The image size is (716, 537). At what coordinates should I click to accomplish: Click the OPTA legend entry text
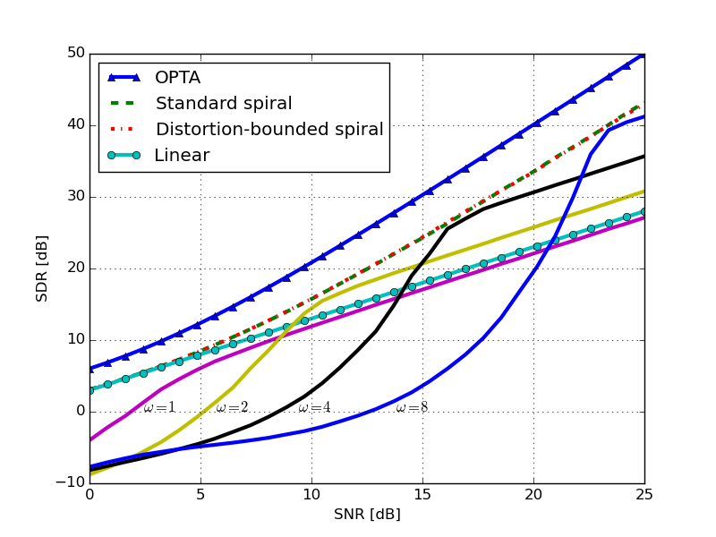177,78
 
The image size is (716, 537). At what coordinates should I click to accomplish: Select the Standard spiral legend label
223,103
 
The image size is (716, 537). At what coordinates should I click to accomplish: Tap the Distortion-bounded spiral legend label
268,129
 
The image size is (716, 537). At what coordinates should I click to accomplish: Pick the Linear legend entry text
182,155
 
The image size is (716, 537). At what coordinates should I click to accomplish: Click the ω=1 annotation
159,407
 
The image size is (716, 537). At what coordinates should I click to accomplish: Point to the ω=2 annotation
232,407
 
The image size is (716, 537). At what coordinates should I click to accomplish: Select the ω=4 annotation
314,407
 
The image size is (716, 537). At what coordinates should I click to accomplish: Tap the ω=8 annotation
412,407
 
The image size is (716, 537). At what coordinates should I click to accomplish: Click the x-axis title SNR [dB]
367,515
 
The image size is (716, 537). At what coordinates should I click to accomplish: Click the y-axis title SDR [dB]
42,268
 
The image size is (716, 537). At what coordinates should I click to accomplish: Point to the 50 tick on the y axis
74,54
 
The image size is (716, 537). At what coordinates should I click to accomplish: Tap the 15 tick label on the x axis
422,495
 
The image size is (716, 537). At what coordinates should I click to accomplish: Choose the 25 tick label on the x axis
644,495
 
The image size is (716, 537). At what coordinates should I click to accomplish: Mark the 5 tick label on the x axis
200,495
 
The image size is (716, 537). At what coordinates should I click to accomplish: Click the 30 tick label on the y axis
74,197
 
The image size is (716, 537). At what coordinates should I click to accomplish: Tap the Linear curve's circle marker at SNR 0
89,390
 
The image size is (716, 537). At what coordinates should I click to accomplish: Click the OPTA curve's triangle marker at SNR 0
89,368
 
